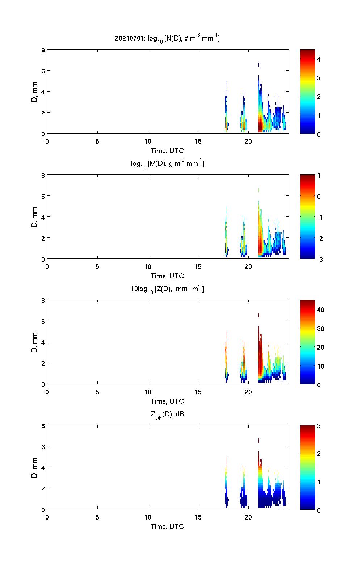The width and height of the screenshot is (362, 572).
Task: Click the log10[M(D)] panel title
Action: click(x=167, y=164)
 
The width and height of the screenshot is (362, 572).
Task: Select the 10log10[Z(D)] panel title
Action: click(x=167, y=289)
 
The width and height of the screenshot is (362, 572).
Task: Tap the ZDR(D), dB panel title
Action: click(x=167, y=414)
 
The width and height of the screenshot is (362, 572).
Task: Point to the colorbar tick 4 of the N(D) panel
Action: click(x=319, y=59)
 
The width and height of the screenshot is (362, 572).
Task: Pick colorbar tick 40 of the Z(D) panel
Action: click(x=320, y=310)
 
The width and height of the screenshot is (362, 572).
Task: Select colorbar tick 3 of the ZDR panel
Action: click(x=319, y=426)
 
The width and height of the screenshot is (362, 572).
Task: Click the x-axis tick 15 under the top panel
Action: click(x=198, y=142)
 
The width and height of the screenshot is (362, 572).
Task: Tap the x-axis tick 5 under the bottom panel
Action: click(x=97, y=517)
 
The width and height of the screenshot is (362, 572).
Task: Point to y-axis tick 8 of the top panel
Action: click(x=43, y=50)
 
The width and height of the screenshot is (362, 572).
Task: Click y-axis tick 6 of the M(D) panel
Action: click(x=43, y=196)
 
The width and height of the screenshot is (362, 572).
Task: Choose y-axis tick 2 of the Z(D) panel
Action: click(x=43, y=363)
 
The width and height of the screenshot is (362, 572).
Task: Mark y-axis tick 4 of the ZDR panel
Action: click(x=43, y=468)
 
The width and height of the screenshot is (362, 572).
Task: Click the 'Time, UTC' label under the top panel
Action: click(x=167, y=151)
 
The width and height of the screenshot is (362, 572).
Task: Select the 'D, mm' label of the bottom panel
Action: click(x=34, y=468)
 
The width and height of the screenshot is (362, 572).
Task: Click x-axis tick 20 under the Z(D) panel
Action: click(x=248, y=392)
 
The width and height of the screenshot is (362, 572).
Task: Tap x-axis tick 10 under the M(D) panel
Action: click(x=148, y=267)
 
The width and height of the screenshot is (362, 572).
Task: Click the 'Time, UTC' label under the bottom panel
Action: click(x=167, y=526)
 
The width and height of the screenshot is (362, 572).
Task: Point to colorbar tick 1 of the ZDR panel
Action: click(x=319, y=482)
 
